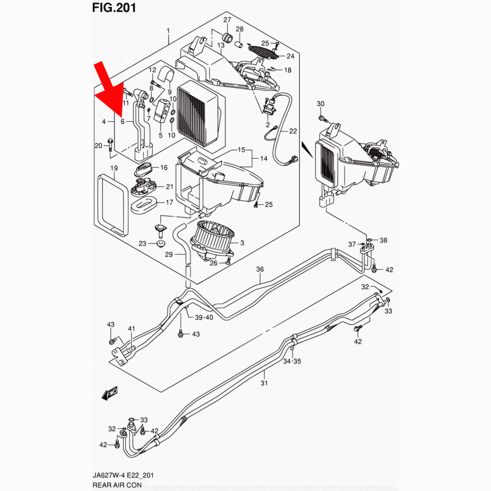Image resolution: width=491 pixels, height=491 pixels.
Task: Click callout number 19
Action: (x=113, y=169)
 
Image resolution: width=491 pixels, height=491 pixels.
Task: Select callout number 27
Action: (x=227, y=20)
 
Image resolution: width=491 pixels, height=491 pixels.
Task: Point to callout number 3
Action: (x=242, y=243)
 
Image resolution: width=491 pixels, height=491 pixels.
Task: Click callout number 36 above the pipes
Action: (x=260, y=269)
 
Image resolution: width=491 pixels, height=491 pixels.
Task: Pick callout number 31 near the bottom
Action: (x=264, y=383)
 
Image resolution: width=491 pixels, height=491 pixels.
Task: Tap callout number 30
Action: (x=320, y=104)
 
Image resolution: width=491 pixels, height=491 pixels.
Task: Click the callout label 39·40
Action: (x=204, y=318)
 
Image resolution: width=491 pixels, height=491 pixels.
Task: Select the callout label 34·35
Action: (x=292, y=361)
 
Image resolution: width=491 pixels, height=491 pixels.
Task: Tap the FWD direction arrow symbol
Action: (x=107, y=392)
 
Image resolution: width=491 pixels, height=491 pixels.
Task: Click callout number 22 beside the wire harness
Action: (x=293, y=131)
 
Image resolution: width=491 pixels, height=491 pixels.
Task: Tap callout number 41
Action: (x=131, y=328)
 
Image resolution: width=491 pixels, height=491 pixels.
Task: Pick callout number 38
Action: (x=383, y=240)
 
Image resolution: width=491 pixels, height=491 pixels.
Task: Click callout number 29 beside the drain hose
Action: (x=168, y=254)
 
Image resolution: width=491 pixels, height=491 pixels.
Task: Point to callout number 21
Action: (x=169, y=187)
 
